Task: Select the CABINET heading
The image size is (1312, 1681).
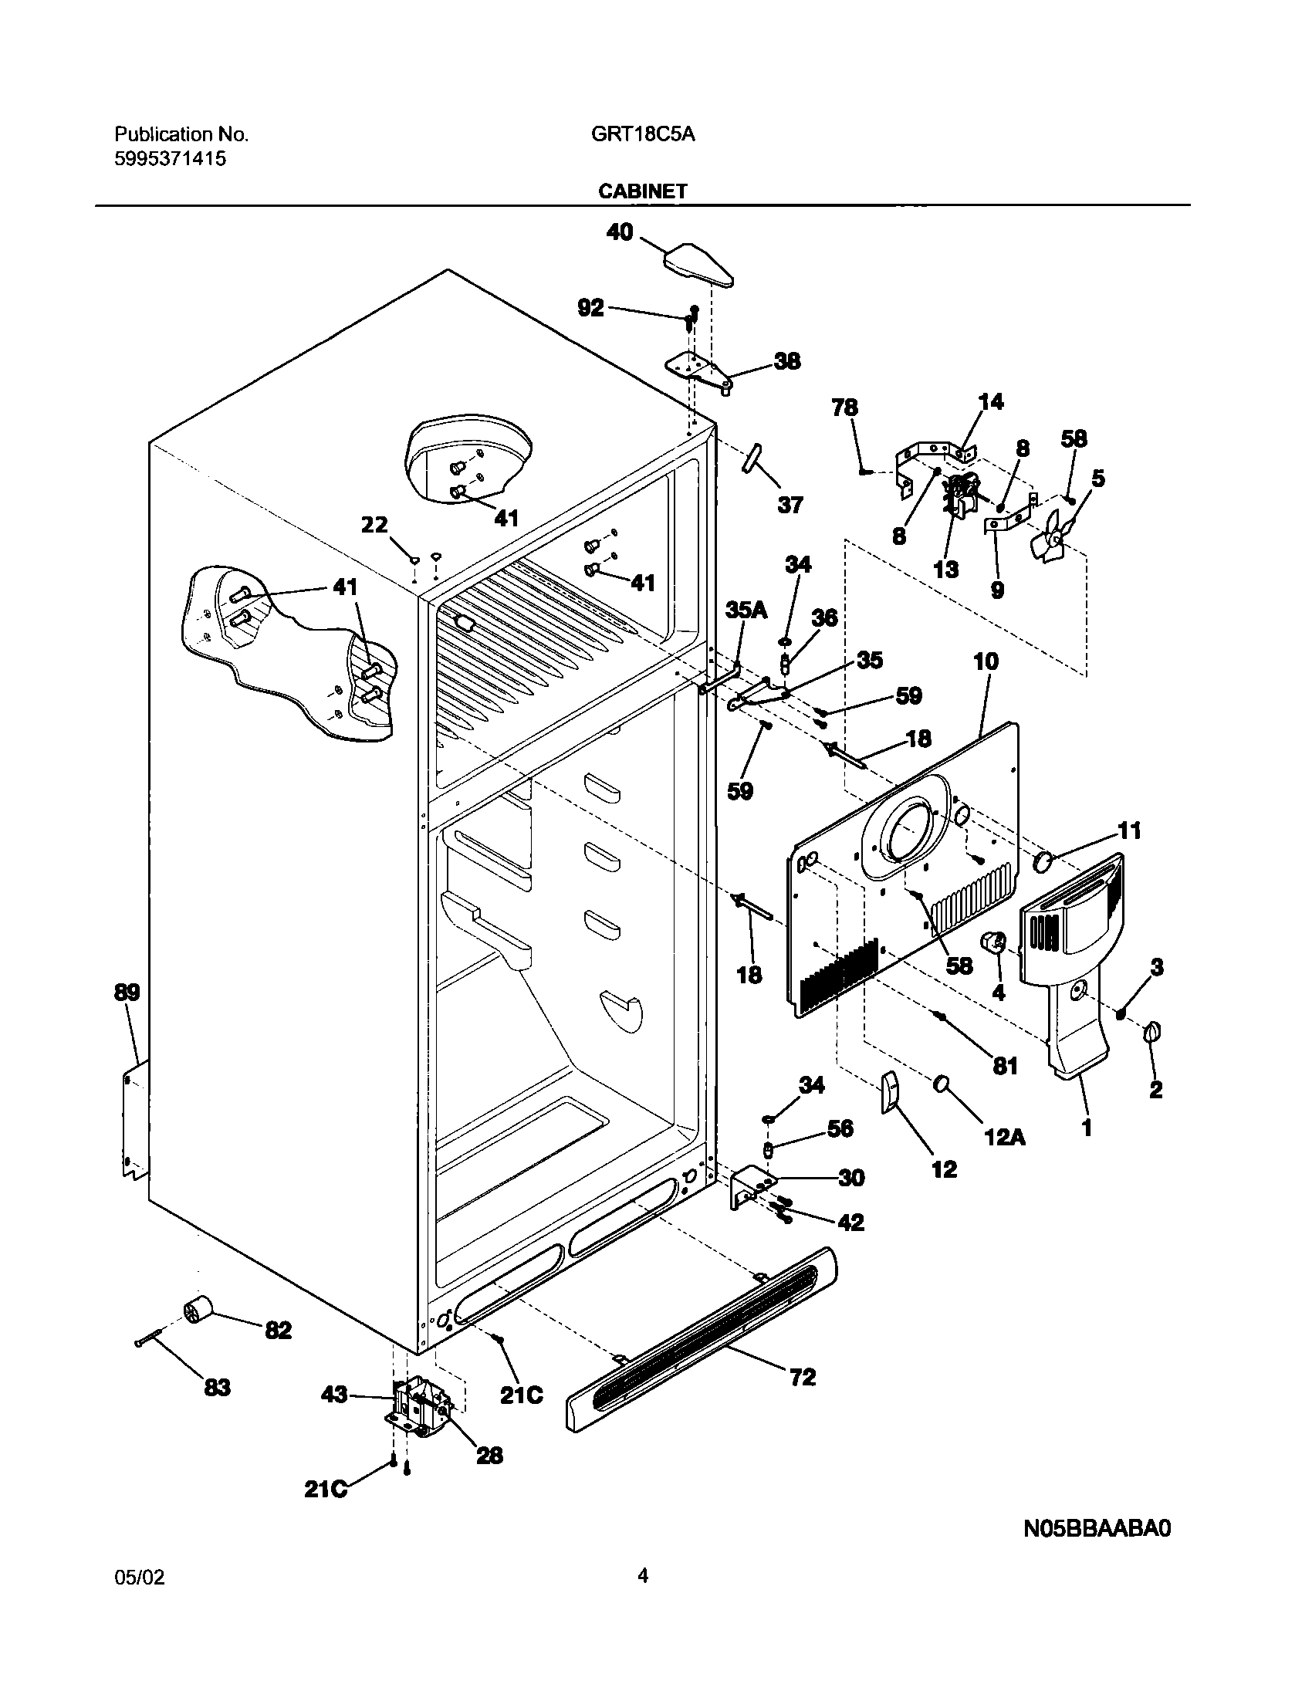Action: tap(642, 191)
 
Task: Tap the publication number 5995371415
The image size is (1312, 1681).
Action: tap(171, 159)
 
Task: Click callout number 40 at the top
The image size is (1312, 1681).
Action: tap(620, 232)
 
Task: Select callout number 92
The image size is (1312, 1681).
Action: tap(590, 307)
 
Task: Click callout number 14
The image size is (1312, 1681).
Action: tap(991, 401)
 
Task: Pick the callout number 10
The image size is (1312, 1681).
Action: tap(986, 661)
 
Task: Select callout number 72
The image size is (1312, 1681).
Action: tap(803, 1376)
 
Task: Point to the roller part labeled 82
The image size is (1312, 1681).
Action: tap(199, 1309)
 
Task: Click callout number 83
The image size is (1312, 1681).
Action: tap(217, 1387)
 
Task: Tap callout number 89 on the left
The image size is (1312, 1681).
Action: tap(127, 992)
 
